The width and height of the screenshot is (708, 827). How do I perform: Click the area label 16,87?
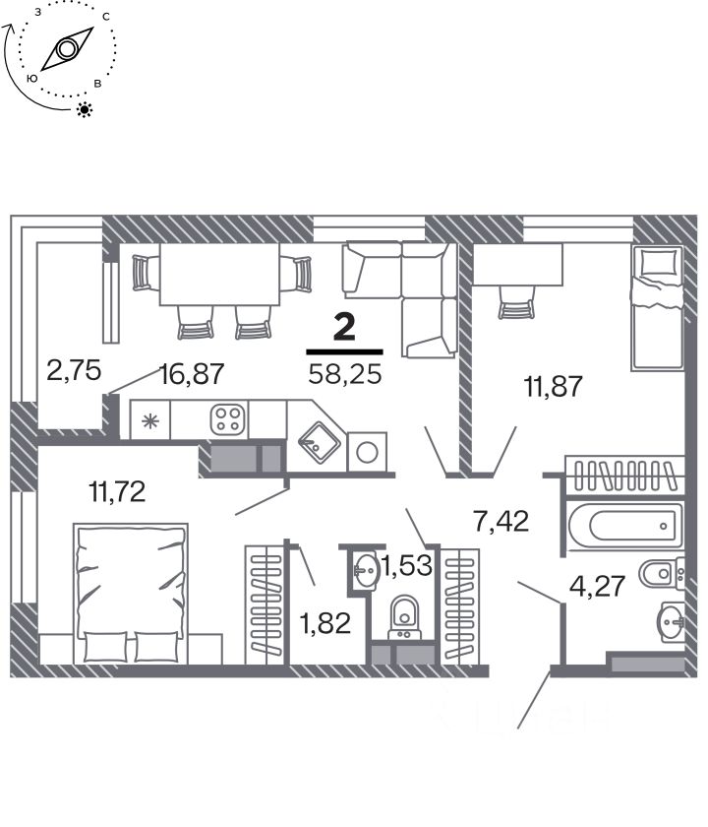(x=193, y=374)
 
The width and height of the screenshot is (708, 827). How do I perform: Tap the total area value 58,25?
(x=345, y=374)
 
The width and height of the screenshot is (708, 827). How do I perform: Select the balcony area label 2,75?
(x=74, y=370)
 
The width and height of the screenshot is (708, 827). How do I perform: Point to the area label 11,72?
(x=117, y=491)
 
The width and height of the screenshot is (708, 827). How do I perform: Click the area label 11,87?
(x=553, y=386)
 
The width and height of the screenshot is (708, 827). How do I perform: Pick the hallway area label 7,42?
(x=501, y=522)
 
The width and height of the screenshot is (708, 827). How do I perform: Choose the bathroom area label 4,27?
(x=598, y=586)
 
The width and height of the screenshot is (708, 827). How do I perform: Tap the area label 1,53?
(x=407, y=565)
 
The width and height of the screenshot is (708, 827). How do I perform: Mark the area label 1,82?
(x=325, y=623)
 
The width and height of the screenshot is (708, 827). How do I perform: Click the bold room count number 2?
(x=344, y=327)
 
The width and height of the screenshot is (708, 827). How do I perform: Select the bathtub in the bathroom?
(x=625, y=526)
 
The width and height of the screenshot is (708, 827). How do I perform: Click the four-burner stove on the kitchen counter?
(x=228, y=419)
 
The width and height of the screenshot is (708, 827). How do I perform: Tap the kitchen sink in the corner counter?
(x=320, y=442)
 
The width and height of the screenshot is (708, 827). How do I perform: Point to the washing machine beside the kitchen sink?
(x=367, y=452)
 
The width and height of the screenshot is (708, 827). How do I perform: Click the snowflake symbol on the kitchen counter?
(x=150, y=420)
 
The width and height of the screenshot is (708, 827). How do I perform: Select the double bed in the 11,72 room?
(x=131, y=594)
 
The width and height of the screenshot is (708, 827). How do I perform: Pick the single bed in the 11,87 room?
(x=657, y=308)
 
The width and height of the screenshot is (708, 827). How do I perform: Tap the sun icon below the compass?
(x=85, y=109)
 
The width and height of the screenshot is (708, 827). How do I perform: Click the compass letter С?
(x=106, y=17)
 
